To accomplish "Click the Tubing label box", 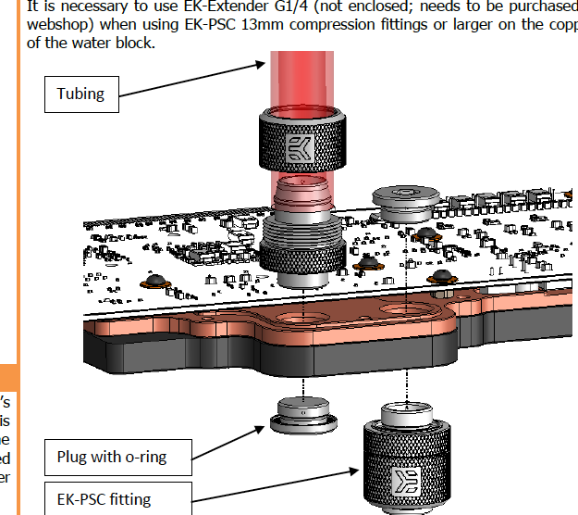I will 81,93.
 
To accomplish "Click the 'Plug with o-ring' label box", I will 118,457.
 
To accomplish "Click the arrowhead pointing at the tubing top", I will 260,65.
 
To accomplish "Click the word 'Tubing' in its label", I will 81,93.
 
